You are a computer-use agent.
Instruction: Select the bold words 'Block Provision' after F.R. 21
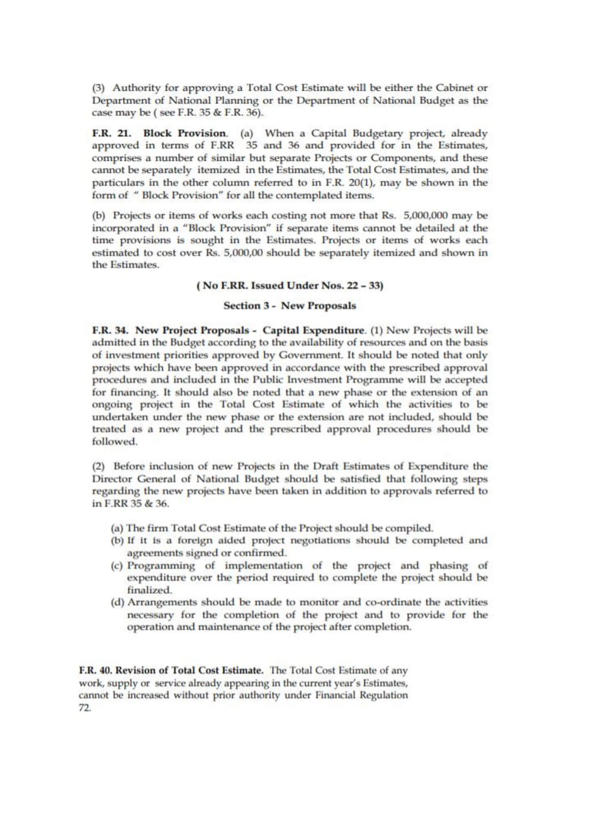pos(185,134)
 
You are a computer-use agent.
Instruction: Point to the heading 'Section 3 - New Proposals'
pos(290,305)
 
